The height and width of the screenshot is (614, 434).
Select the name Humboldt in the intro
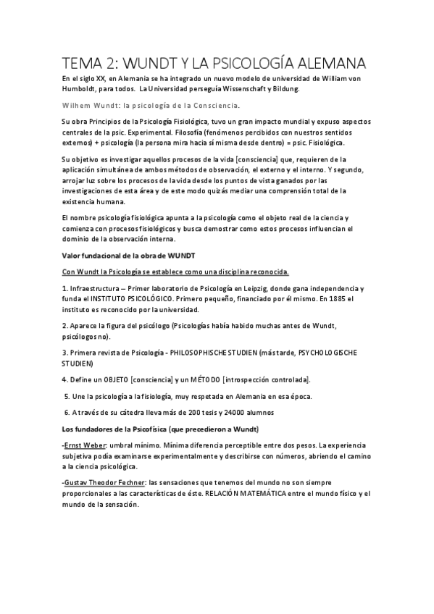tap(82, 89)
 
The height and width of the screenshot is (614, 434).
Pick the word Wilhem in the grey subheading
tap(76, 105)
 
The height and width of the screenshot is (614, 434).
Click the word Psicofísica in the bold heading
tap(135, 429)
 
